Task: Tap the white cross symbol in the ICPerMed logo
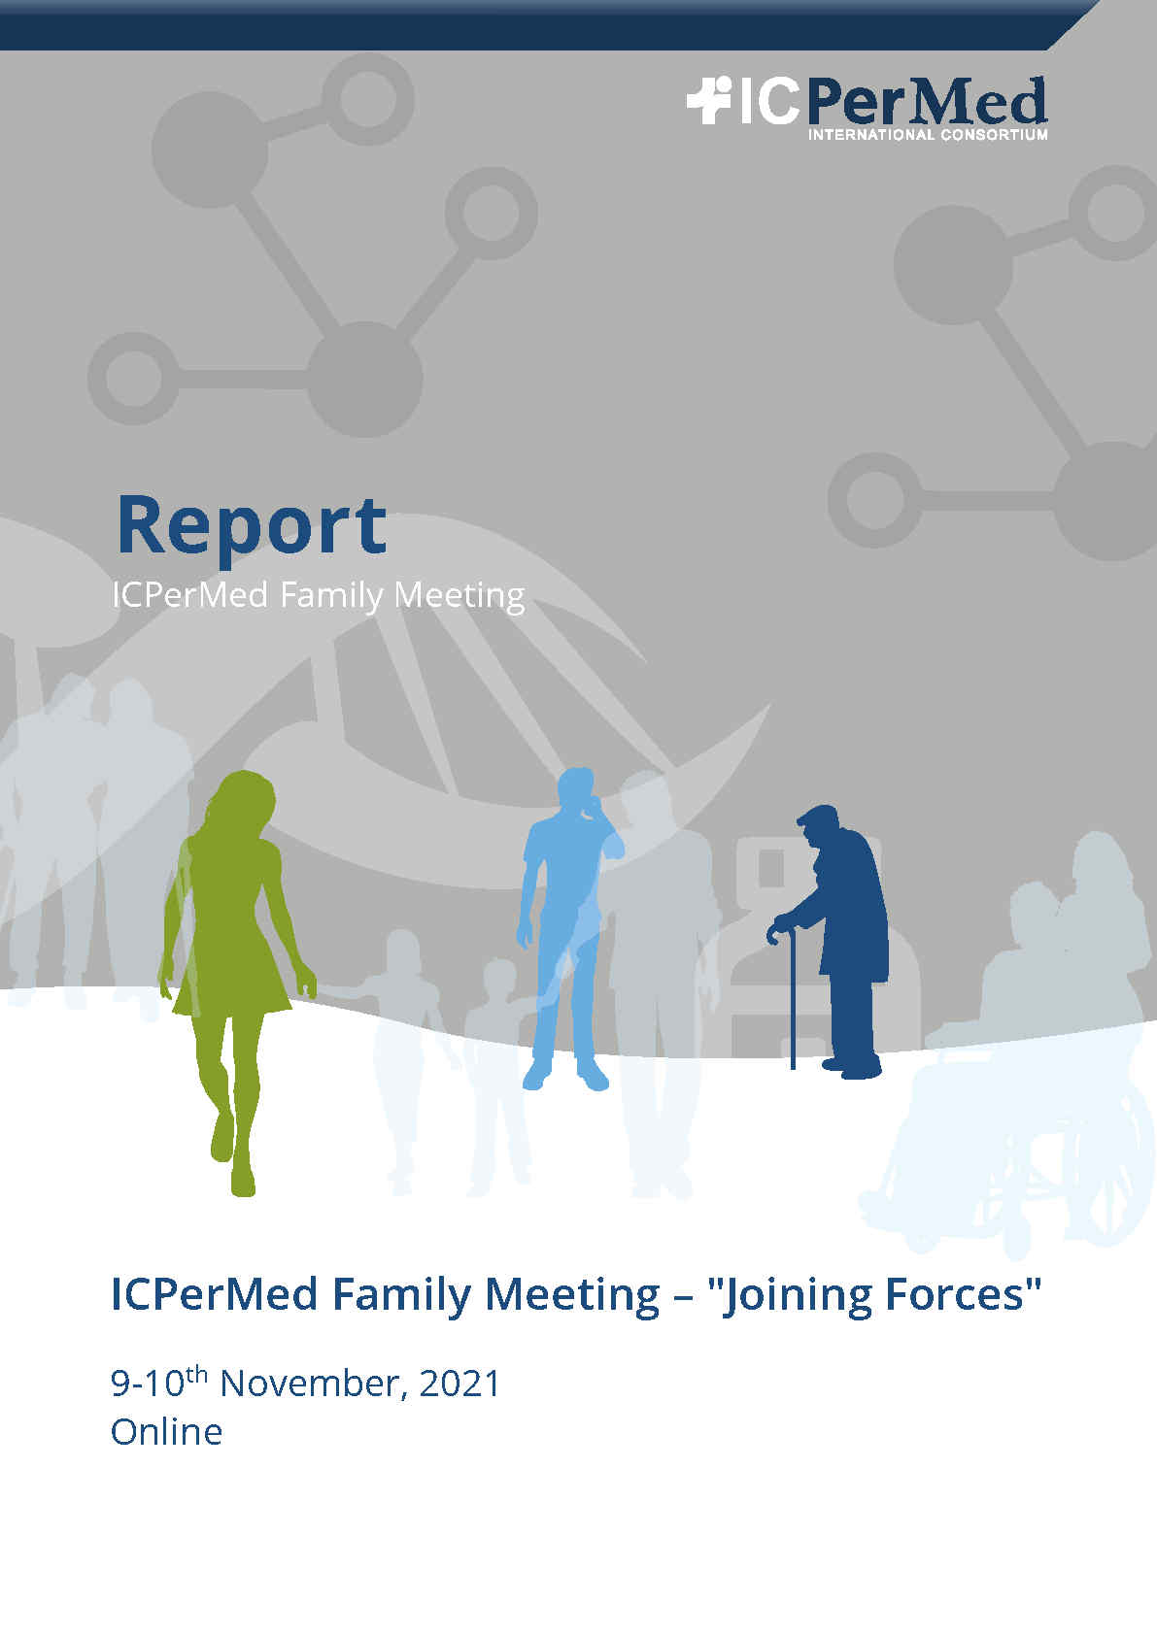[x=708, y=100]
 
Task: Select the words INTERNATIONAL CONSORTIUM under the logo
[x=928, y=135]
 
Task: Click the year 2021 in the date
[x=459, y=1384]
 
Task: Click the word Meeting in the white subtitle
[x=459, y=596]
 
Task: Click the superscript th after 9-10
[x=197, y=1375]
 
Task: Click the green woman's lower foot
[x=243, y=1175]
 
